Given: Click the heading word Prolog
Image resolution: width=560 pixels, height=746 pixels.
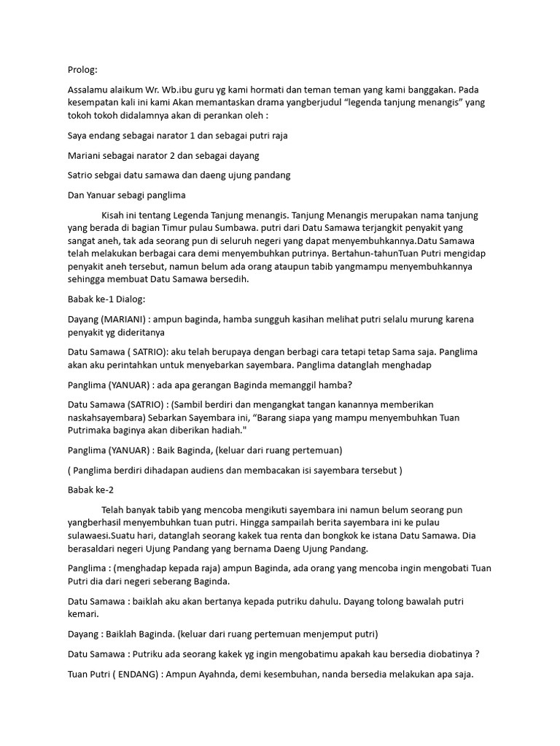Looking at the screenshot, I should coord(82,70).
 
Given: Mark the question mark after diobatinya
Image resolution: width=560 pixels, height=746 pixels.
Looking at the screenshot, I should coord(476,653).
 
